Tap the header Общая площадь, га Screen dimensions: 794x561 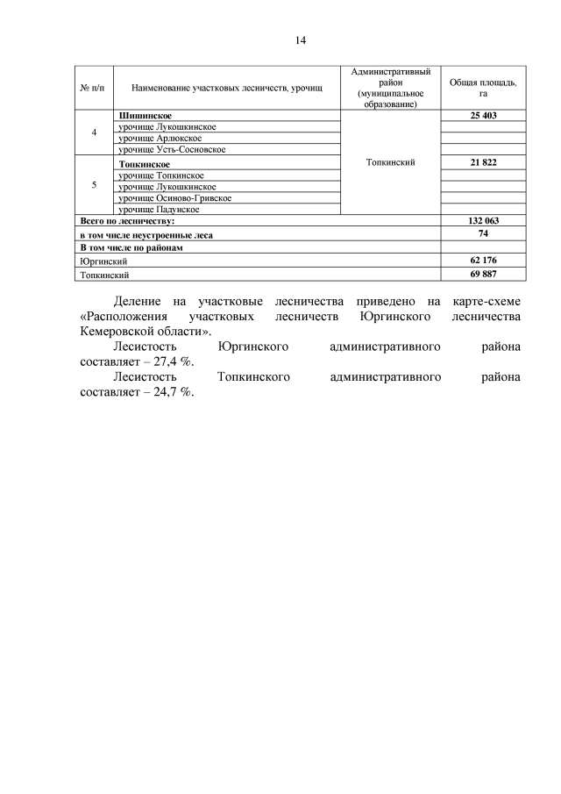[x=483, y=87]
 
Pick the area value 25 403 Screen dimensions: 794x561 [x=484, y=116]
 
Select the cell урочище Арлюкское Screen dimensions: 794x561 [x=160, y=139]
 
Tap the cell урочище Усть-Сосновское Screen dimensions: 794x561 [x=172, y=150]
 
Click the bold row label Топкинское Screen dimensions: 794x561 [x=143, y=164]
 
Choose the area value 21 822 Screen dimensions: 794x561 [x=484, y=164]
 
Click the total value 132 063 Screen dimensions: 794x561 [x=484, y=222]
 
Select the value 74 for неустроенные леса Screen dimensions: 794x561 [x=484, y=234]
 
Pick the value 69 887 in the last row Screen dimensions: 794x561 [x=484, y=275]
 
